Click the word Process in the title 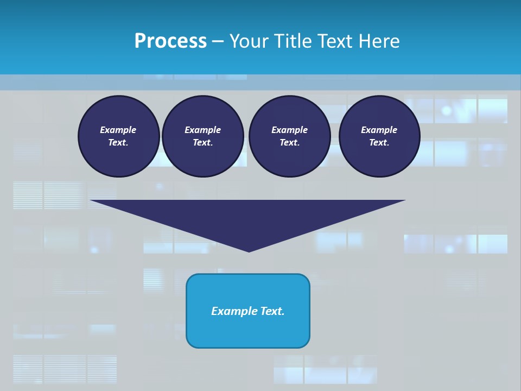coord(170,41)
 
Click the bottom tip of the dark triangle coord(249,250)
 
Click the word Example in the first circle coord(118,130)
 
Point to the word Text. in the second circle coord(203,142)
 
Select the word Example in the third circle coord(289,130)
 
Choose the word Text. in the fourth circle coord(379,142)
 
